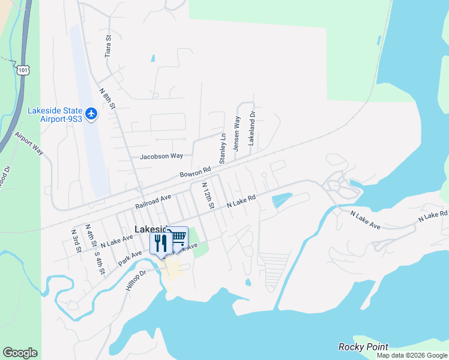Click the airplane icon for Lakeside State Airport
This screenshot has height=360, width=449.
point(91,113)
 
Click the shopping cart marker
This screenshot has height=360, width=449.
point(178,237)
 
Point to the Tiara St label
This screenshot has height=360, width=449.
point(109,45)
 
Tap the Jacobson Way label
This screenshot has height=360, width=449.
point(161,156)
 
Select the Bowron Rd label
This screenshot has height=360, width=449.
point(196,173)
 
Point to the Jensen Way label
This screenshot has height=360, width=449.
point(237,134)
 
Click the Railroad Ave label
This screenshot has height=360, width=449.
point(153,201)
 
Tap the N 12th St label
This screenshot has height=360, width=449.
point(208,196)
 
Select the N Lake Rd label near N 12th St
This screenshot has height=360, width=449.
point(241,201)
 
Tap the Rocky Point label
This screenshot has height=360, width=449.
point(363,347)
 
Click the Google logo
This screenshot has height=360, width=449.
point(20,353)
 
